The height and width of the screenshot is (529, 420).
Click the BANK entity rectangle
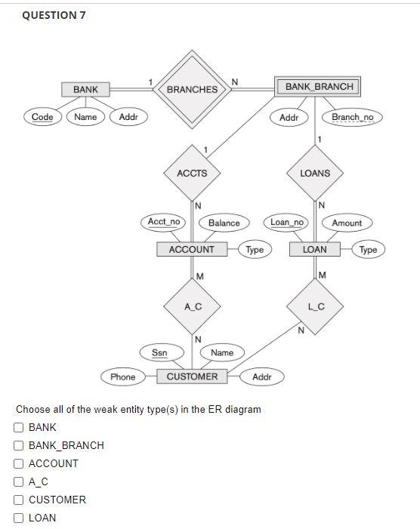85,89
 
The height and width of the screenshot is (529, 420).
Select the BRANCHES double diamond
192,89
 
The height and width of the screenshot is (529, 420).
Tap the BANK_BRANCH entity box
319,87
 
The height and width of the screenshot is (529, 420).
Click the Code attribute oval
42,117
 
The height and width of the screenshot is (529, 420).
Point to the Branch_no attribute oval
352,117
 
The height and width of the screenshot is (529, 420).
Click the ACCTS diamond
192,173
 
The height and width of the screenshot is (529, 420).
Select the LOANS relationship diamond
315,173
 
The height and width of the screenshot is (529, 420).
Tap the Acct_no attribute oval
164,222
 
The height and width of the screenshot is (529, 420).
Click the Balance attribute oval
224,223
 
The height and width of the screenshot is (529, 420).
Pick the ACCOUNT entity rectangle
192,249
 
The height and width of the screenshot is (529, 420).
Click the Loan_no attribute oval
287,222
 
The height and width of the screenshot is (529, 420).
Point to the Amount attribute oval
347,223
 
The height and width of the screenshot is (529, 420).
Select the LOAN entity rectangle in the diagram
315,249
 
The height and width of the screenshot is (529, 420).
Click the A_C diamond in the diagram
192,306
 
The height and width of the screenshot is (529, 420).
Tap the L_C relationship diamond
316,306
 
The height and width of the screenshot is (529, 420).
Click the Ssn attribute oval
159,352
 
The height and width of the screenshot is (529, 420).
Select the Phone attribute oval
122,377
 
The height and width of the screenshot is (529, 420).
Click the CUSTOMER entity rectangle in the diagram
192,377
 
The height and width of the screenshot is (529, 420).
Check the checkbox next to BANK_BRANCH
19,445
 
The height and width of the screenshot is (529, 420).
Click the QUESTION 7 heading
54,15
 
